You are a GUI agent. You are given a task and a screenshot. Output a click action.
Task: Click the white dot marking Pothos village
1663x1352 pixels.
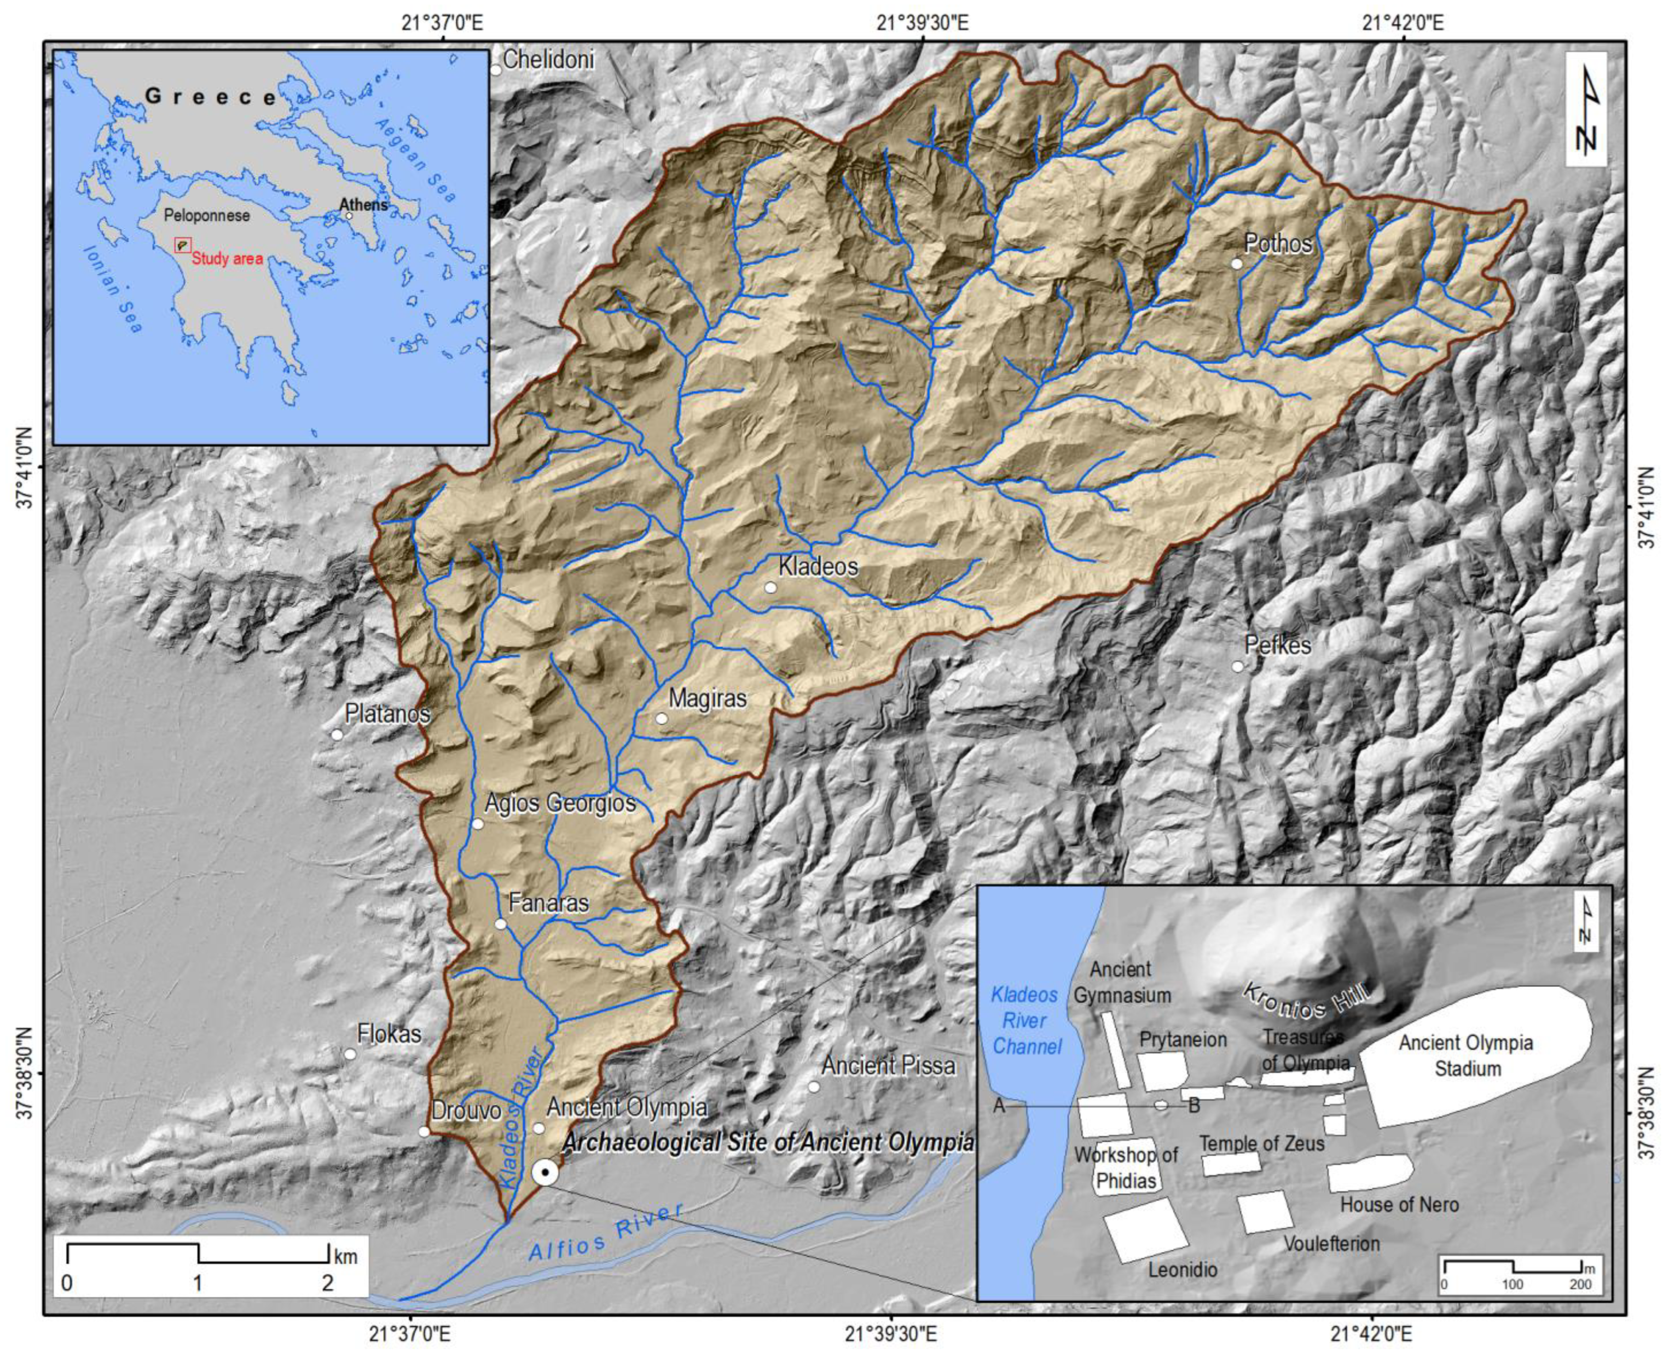(1236, 263)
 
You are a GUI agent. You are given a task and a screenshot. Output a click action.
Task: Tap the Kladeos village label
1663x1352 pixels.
(818, 566)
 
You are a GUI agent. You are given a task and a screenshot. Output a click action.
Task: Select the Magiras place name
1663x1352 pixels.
(707, 698)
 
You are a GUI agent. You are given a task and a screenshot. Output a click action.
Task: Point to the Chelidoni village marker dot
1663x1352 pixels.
(496, 70)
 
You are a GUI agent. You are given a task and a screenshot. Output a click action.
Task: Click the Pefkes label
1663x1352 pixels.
(1278, 645)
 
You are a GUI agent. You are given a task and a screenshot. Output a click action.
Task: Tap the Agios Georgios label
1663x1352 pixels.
(560, 803)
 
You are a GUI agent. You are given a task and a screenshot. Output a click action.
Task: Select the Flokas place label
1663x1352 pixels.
(389, 1034)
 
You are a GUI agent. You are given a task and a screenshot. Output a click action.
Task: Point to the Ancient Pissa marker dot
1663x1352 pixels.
(814, 1087)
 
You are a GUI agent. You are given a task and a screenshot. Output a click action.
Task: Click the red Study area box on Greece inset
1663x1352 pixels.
(182, 245)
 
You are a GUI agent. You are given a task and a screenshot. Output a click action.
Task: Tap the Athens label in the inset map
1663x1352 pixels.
(363, 205)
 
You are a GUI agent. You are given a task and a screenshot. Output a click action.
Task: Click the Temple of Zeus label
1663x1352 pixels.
(1261, 1143)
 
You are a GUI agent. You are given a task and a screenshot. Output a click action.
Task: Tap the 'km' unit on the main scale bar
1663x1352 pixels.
(346, 1256)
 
